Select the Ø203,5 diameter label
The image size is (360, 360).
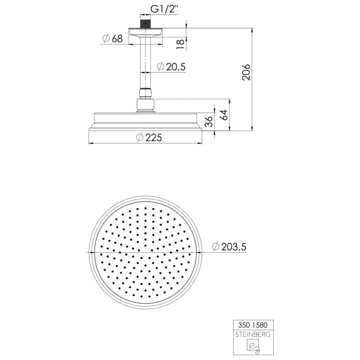pyautogui.click(x=229, y=247)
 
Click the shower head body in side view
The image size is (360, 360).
pyautogui.click(x=147, y=121)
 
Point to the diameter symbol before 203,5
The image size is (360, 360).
pyautogui.click(x=215, y=247)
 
